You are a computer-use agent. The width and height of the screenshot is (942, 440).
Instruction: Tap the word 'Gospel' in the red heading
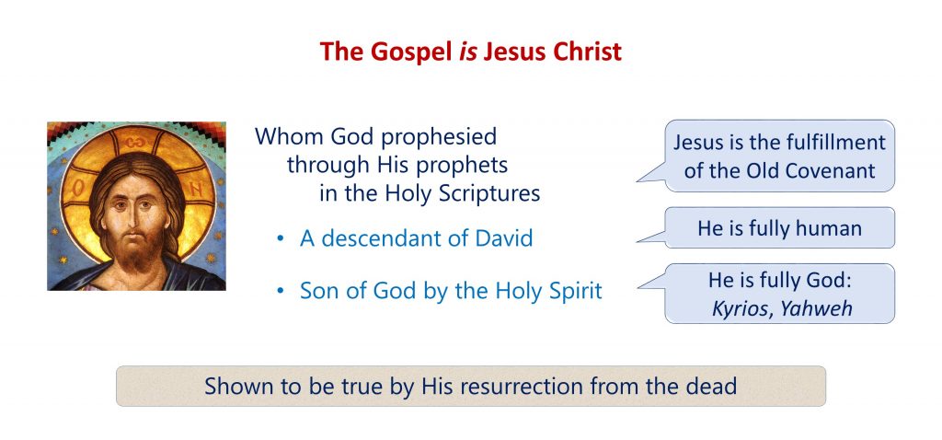click(x=411, y=52)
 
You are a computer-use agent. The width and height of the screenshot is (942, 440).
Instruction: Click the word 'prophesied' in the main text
click(x=439, y=137)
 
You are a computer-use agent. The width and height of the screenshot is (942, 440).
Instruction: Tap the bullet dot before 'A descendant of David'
click(x=280, y=239)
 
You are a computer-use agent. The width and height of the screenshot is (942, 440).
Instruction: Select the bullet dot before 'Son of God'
click(x=280, y=292)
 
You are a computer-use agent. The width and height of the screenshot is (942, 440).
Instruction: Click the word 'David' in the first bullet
click(x=504, y=238)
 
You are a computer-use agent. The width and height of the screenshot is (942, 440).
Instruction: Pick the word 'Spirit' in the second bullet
click(x=576, y=292)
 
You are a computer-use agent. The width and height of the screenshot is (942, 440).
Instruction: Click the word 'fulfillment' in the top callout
click(x=835, y=143)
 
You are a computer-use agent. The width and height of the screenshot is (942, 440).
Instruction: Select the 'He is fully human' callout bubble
click(x=780, y=227)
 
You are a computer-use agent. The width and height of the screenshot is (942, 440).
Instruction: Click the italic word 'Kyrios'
click(x=736, y=309)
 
